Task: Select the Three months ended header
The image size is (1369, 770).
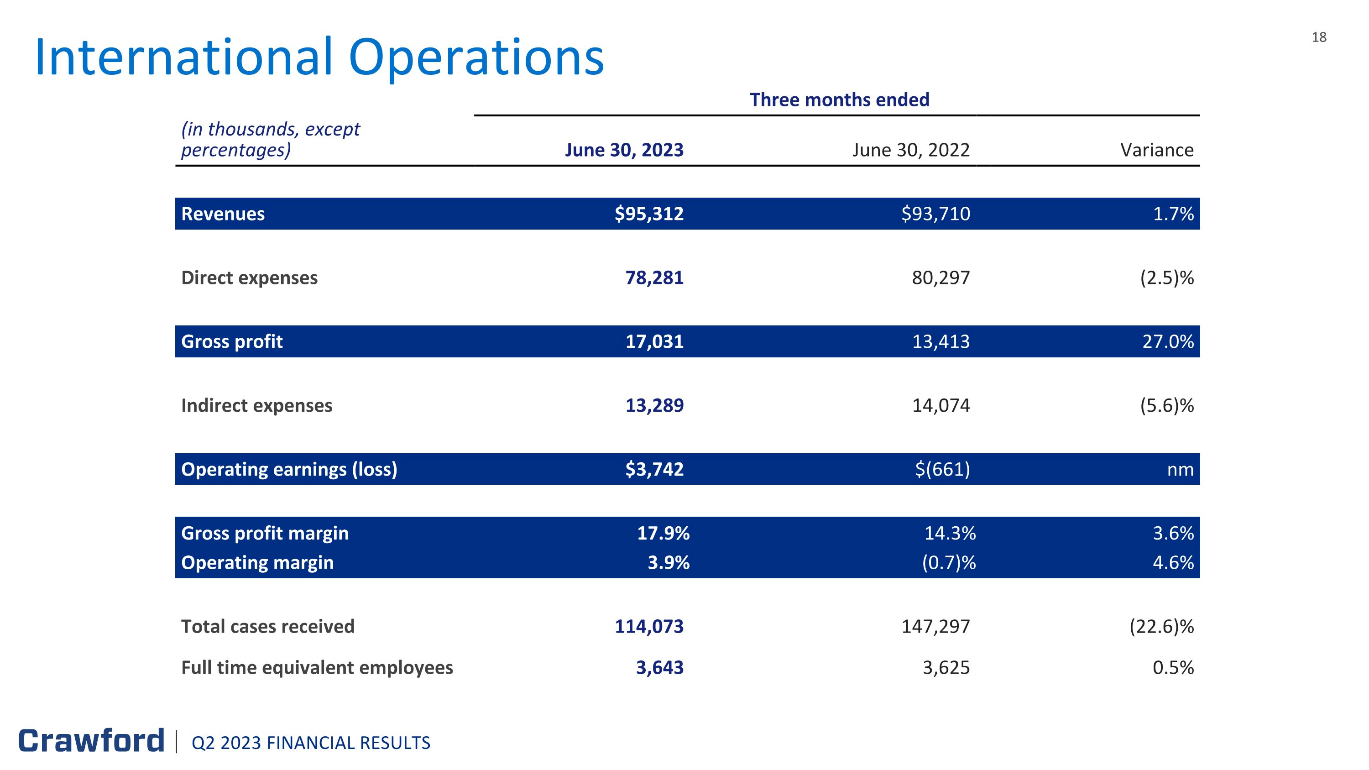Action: [x=839, y=100]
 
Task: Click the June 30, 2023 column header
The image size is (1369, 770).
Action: [x=624, y=150]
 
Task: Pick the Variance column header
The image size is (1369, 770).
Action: [x=1156, y=150]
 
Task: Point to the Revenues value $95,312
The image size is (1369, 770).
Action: [x=648, y=214]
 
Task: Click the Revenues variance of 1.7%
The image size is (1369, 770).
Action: [x=1173, y=214]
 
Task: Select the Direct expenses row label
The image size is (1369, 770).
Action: [x=249, y=278]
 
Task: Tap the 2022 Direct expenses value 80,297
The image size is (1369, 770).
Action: [x=941, y=278]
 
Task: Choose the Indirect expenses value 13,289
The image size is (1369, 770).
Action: [x=654, y=405]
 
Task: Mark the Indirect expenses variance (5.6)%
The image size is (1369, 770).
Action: [x=1166, y=405]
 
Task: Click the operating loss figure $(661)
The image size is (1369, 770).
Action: [x=942, y=469]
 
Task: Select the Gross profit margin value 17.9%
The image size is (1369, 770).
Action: [x=663, y=533]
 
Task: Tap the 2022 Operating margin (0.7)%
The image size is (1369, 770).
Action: [x=949, y=562]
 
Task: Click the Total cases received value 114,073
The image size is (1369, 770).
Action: [x=649, y=627]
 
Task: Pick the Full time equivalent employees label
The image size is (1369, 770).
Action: [x=317, y=667]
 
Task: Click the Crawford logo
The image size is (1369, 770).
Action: [x=91, y=741]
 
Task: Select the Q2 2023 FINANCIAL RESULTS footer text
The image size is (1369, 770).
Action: [x=311, y=743]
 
